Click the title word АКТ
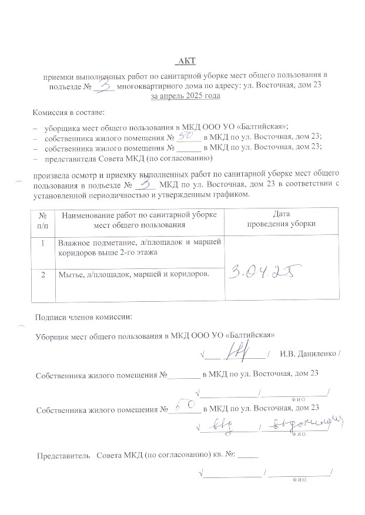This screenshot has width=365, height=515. tap(186, 60)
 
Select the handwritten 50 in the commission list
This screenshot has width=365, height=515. tap(186, 136)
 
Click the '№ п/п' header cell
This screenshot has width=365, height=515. tap(42, 219)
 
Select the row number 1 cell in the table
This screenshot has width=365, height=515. tap(42, 243)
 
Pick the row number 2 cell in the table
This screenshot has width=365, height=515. tap(42, 273)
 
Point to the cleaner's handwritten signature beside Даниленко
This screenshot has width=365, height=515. tap(240, 351)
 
